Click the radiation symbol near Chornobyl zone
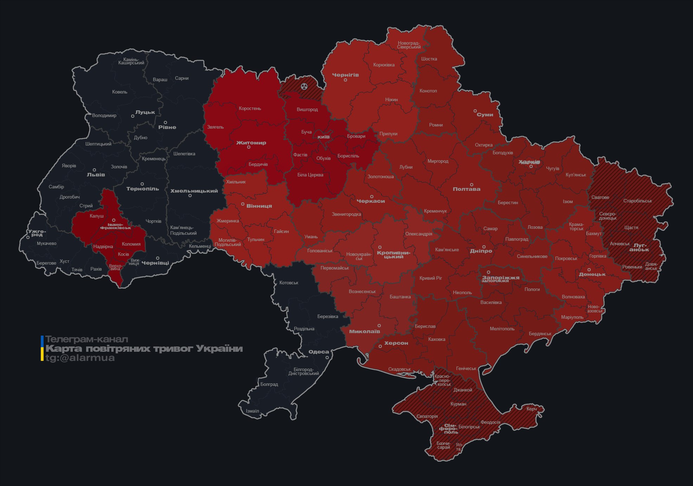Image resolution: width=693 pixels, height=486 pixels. click(304, 86)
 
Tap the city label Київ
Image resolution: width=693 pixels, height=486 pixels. click(323, 137)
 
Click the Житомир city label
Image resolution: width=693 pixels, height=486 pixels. click(251, 143)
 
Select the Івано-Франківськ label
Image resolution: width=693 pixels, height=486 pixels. click(115, 226)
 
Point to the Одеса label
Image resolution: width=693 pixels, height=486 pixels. click(319, 352)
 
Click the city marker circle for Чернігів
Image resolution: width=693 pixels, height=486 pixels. click(345, 80)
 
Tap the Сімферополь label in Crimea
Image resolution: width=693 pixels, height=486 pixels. click(448, 429)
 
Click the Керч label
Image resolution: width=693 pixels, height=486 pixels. click(531, 409)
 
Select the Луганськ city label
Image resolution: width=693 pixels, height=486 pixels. click(639, 247)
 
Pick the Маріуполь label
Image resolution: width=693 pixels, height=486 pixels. click(572, 317)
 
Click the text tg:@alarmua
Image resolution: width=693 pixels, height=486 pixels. click(80, 358)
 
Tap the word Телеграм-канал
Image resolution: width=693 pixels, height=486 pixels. click(86, 339)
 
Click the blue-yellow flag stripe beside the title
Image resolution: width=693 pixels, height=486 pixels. click(42, 348)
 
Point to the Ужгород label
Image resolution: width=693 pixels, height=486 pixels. click(37, 233)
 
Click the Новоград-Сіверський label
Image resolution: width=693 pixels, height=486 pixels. click(409, 45)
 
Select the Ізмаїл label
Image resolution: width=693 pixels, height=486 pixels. click(252, 411)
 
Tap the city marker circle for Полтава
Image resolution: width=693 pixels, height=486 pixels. click(471, 185)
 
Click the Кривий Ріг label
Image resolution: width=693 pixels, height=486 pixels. click(430, 278)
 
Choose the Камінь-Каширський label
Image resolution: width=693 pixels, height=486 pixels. click(131, 61)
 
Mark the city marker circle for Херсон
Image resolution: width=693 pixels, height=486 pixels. click(380, 346)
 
